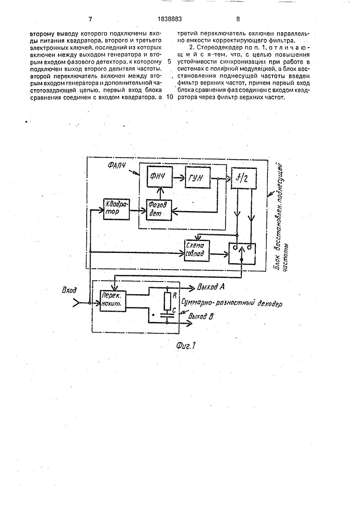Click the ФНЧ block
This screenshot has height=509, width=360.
click(x=160, y=177)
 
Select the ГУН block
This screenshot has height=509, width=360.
click(x=198, y=177)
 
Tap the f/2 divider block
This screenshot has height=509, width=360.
click(x=244, y=178)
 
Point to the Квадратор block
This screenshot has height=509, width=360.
click(x=116, y=209)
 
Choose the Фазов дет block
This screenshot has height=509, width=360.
click(x=159, y=210)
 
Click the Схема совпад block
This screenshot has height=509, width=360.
click(x=197, y=251)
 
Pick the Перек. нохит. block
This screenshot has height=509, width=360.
click(x=113, y=301)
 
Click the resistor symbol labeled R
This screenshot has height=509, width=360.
click(x=167, y=301)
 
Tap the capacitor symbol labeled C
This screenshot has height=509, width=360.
click(x=167, y=315)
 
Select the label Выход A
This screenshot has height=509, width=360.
click(x=211, y=287)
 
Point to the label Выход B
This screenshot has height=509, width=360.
click(x=201, y=316)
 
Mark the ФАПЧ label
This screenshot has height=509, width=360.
click(x=117, y=166)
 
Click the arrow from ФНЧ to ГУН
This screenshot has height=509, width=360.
click(x=179, y=177)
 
